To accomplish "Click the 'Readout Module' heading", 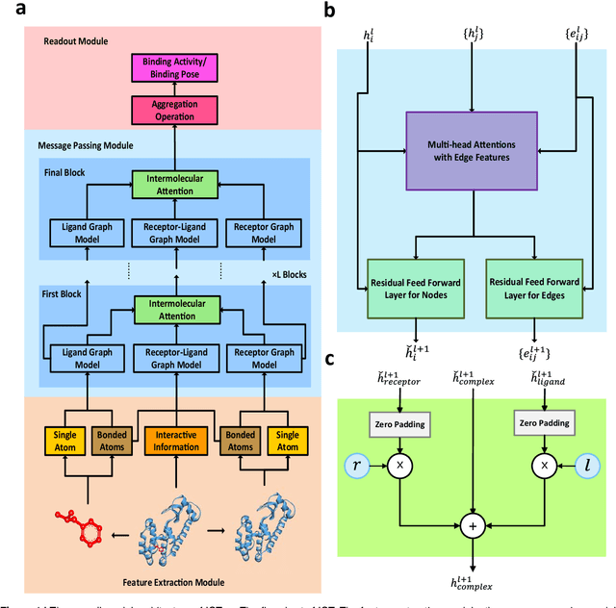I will (76, 41).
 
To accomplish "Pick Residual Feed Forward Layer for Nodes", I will (415, 289).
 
